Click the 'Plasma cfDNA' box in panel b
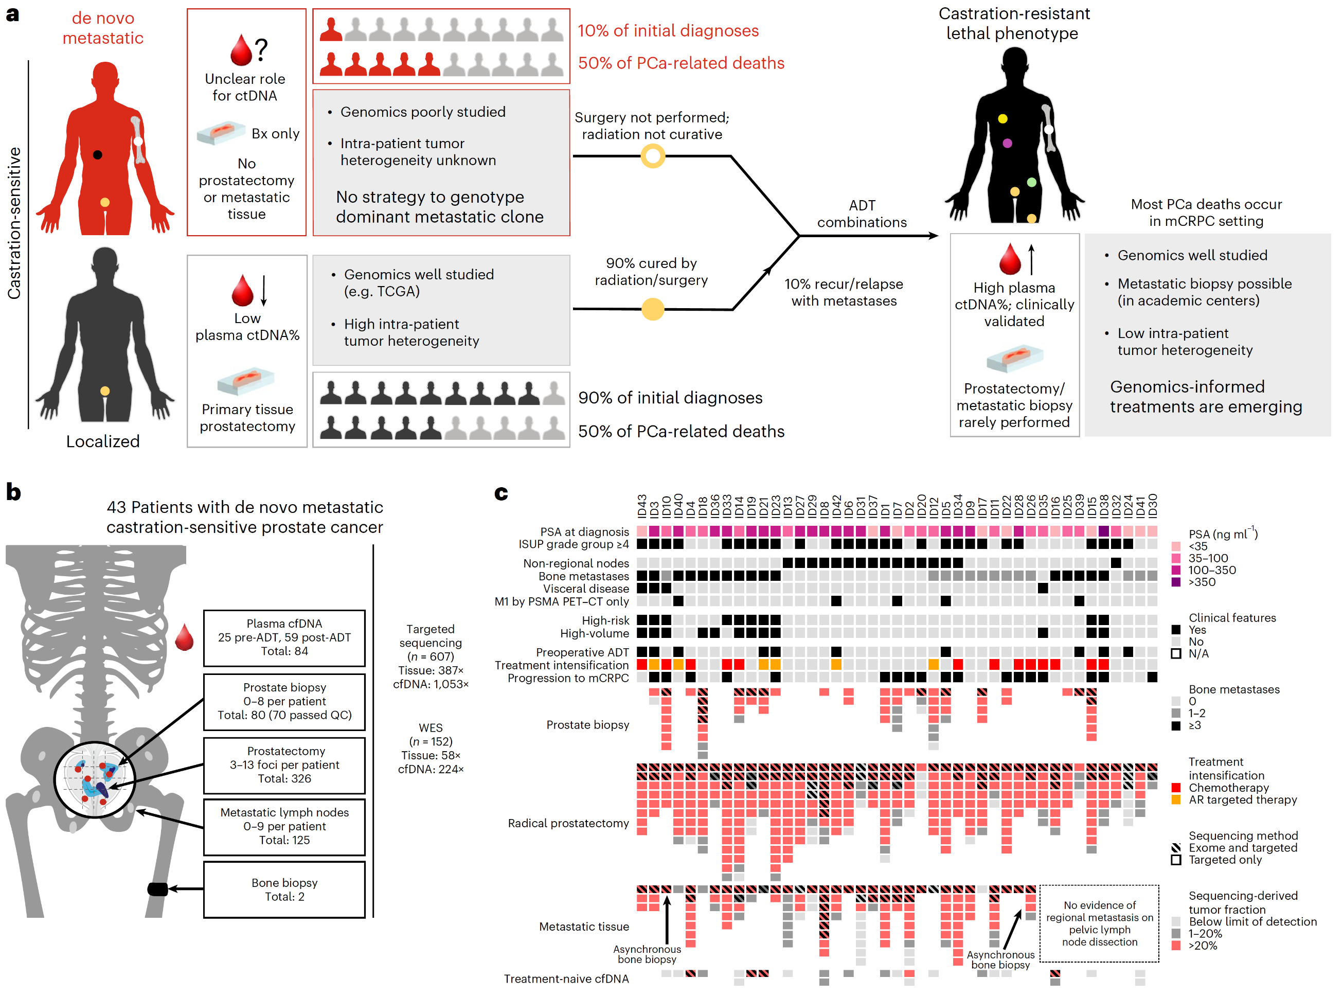coord(284,638)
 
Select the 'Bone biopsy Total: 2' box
coord(284,890)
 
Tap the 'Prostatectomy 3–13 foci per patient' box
coord(284,765)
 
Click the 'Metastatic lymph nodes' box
coord(284,827)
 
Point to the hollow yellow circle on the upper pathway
coord(653,156)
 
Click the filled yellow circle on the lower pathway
coord(653,309)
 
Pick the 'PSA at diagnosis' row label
coord(584,532)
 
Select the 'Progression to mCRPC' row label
coord(568,678)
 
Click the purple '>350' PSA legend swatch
coord(1175,582)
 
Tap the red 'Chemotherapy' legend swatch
coord(1175,788)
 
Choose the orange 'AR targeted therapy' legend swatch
coord(1175,799)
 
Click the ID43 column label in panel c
coord(642,506)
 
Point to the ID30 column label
coord(1153,506)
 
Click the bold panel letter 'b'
coord(13,492)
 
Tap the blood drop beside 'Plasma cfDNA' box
coord(185,637)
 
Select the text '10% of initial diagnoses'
coord(668,31)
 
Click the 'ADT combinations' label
coord(862,214)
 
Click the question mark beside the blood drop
coord(261,49)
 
